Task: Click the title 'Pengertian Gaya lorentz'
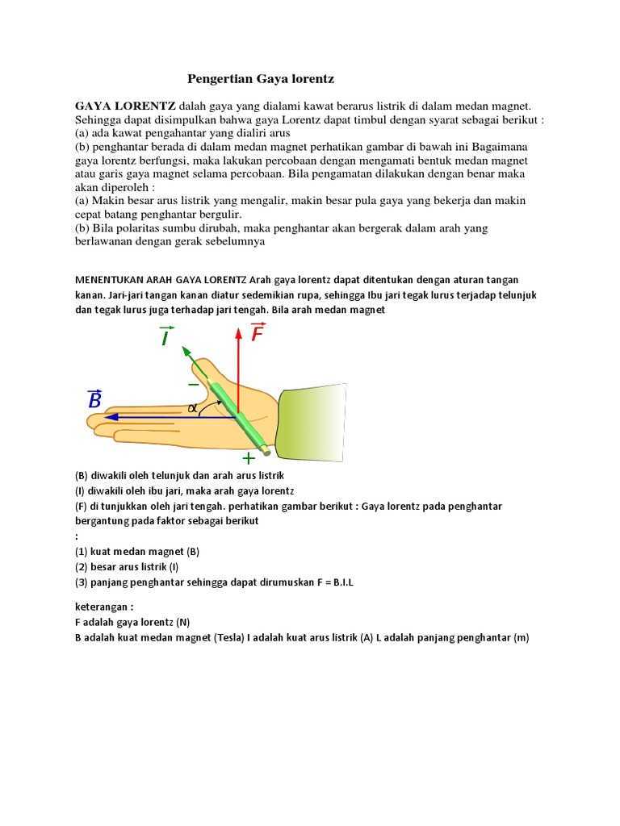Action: pos(260,78)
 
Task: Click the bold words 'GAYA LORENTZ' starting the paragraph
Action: pos(125,106)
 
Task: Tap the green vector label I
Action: pos(166,336)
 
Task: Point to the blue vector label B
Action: pos(94,398)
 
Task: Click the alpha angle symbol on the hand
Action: pos(192,408)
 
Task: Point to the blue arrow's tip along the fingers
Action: pos(110,417)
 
